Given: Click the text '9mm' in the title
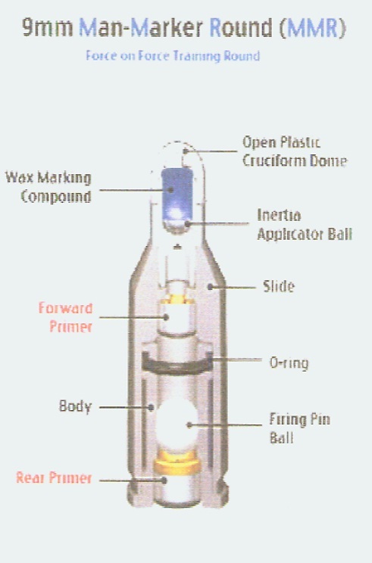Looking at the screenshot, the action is (48, 28).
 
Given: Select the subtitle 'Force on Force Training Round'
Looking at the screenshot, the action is (173, 56).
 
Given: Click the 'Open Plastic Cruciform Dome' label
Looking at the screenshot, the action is (295, 151).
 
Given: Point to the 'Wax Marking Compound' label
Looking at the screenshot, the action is (48, 188).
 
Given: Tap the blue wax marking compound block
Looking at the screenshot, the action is (177, 194).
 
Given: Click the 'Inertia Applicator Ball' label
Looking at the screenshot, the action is (305, 225).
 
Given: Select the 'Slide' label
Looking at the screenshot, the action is (279, 287).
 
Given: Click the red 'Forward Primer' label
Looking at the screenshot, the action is (66, 317).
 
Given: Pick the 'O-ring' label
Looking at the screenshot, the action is (289, 363).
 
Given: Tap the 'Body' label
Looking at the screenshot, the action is (75, 406).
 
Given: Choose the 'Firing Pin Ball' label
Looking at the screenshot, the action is (300, 428).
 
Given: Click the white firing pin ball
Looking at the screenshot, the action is (177, 424).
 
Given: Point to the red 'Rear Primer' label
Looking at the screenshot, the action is (54, 478).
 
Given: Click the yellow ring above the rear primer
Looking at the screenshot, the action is (177, 462).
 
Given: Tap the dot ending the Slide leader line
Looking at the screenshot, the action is (211, 287).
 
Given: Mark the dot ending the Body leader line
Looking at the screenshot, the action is (151, 407).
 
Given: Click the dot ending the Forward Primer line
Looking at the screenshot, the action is (166, 317).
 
